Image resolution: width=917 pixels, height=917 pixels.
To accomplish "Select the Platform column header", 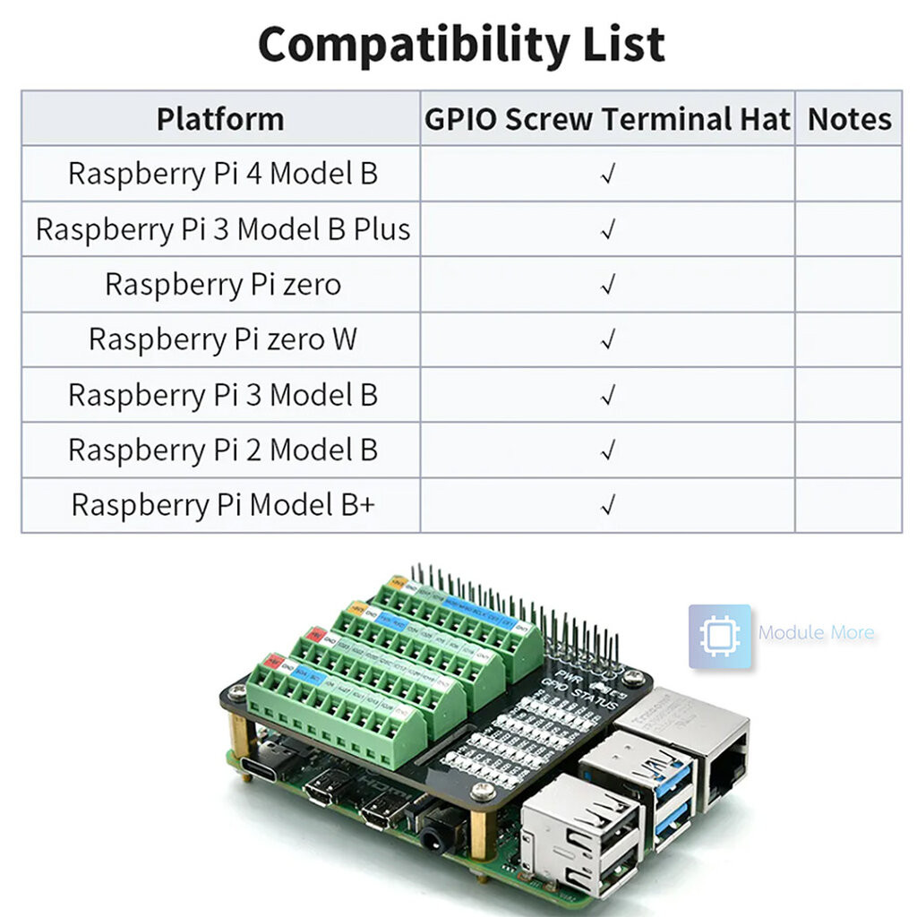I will tap(219, 119).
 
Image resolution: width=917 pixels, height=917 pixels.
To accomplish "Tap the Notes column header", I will tap(849, 119).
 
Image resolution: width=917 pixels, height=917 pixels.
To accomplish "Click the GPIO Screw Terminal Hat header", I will tap(607, 119).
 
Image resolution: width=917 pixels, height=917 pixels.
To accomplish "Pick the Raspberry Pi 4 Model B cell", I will tap(222, 174).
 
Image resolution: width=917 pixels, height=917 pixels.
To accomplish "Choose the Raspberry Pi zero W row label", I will tap(222, 339).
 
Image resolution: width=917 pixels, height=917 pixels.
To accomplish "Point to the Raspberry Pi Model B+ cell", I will tap(222, 505).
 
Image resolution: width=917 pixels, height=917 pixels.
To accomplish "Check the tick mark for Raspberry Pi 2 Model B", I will tap(608, 450).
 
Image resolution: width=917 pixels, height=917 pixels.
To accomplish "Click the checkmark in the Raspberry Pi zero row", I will tap(608, 285).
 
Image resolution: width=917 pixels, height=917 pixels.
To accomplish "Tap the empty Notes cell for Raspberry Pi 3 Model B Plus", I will tap(848, 229).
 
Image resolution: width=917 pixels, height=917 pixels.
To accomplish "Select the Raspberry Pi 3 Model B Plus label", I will tap(222, 229).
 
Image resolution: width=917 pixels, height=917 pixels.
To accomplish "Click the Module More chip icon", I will tap(719, 637).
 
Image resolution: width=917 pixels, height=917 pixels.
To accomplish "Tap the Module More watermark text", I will tap(816, 633).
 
